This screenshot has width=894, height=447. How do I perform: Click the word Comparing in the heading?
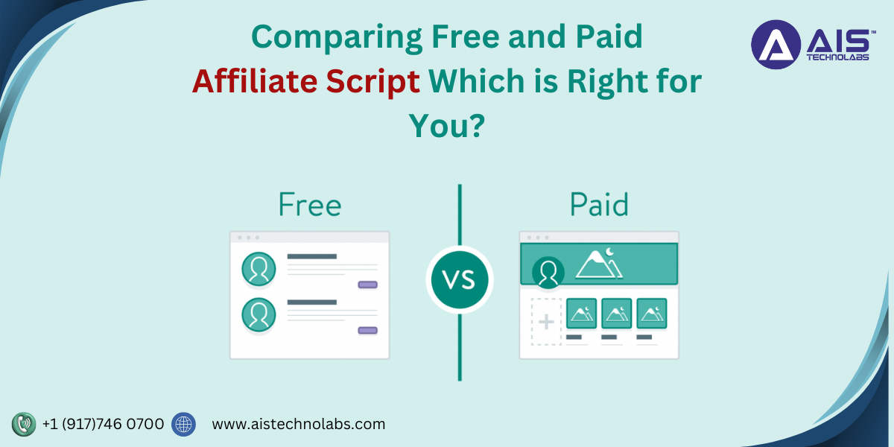pos(337,37)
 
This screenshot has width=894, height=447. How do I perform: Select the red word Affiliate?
pos(255,81)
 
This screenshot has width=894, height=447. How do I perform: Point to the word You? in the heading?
pos(446,126)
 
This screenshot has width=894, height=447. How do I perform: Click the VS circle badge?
pos(460,279)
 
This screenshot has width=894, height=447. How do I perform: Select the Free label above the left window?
pos(310,205)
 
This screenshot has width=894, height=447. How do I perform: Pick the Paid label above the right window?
pos(599,205)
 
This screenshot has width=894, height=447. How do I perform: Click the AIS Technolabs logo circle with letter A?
pos(776,45)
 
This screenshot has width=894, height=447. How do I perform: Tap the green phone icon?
pos(24,424)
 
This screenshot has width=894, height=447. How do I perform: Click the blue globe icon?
pos(183,424)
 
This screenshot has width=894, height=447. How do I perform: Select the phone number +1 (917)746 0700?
pos(103,424)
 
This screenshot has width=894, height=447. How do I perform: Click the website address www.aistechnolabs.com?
pos(299,424)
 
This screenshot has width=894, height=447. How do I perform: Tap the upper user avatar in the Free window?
pos(259,269)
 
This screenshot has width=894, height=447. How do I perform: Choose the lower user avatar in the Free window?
pos(259,315)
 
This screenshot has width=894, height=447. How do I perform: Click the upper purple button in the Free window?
pos(367,285)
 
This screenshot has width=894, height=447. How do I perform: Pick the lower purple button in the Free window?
pos(367,330)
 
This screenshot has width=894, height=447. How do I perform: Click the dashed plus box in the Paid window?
pos(546,321)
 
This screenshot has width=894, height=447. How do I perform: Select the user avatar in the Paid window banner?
pos(548,273)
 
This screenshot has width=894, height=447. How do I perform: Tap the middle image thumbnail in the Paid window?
pos(616,314)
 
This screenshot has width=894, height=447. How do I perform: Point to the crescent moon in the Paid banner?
pos(609,252)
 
